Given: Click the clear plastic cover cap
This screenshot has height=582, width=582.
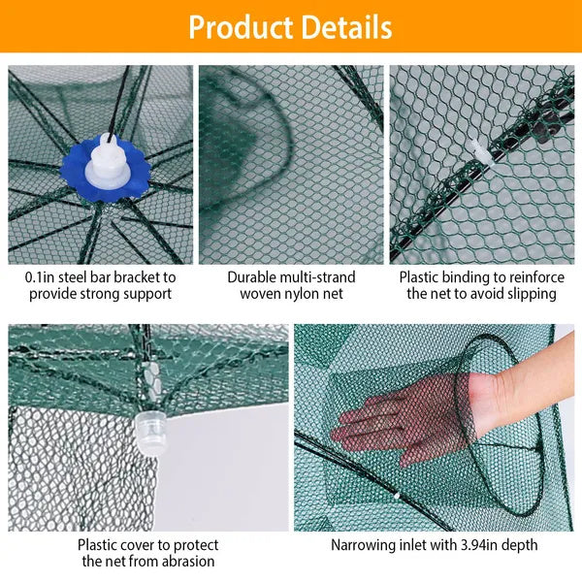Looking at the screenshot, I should click(148, 425).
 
